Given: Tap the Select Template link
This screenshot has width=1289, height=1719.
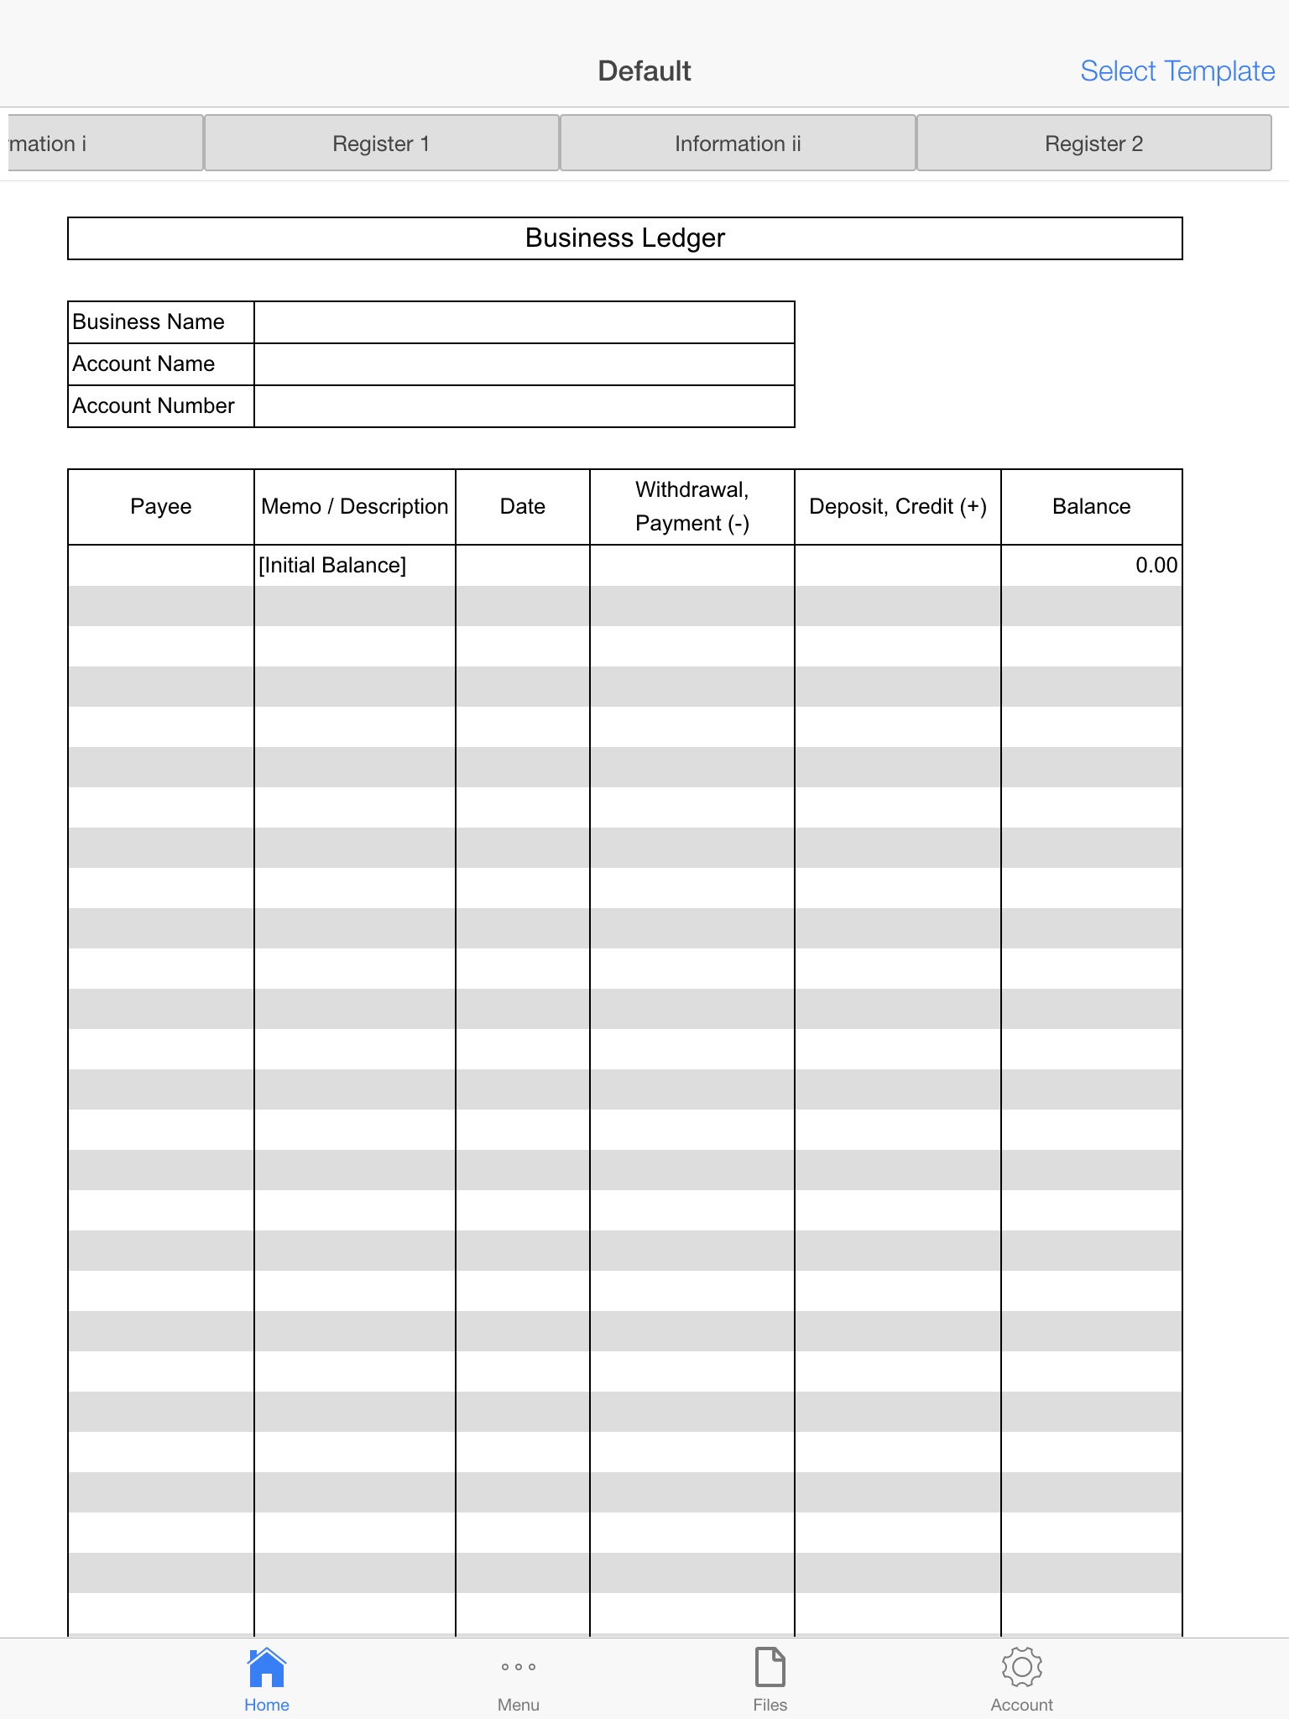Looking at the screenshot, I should (x=1177, y=71).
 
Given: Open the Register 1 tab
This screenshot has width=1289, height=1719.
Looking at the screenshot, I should (x=381, y=144).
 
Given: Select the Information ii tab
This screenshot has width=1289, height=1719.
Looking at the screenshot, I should (x=738, y=144).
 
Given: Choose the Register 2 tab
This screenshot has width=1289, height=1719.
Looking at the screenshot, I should (x=1093, y=144).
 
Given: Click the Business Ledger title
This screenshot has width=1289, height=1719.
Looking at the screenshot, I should (x=624, y=238).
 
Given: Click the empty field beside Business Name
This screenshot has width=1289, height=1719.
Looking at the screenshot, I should (x=524, y=322).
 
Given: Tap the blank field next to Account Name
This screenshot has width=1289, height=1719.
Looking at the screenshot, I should (x=524, y=364).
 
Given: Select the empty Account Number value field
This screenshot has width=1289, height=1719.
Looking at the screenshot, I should (x=524, y=406).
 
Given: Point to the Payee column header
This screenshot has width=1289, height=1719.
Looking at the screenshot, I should (x=160, y=507).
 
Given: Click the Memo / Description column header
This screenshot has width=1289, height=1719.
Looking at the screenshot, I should (x=354, y=507).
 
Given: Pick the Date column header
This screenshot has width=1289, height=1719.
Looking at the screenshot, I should (x=522, y=507).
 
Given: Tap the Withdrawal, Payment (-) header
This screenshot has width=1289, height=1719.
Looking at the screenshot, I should (x=691, y=507).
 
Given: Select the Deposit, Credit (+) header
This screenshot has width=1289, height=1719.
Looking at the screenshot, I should (x=897, y=507).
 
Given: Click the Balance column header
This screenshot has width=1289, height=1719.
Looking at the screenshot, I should (x=1091, y=507).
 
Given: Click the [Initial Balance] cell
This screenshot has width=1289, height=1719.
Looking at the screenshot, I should (x=332, y=566).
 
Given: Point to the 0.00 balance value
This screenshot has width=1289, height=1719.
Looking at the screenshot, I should (x=1156, y=566).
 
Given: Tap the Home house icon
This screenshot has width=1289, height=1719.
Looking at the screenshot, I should (x=267, y=1667).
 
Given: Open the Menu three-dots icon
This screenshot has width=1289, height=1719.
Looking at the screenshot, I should (x=519, y=1667).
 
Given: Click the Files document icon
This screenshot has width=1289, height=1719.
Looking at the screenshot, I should (x=770, y=1667).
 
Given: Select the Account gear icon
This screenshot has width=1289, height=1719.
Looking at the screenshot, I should (x=1021, y=1667).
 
